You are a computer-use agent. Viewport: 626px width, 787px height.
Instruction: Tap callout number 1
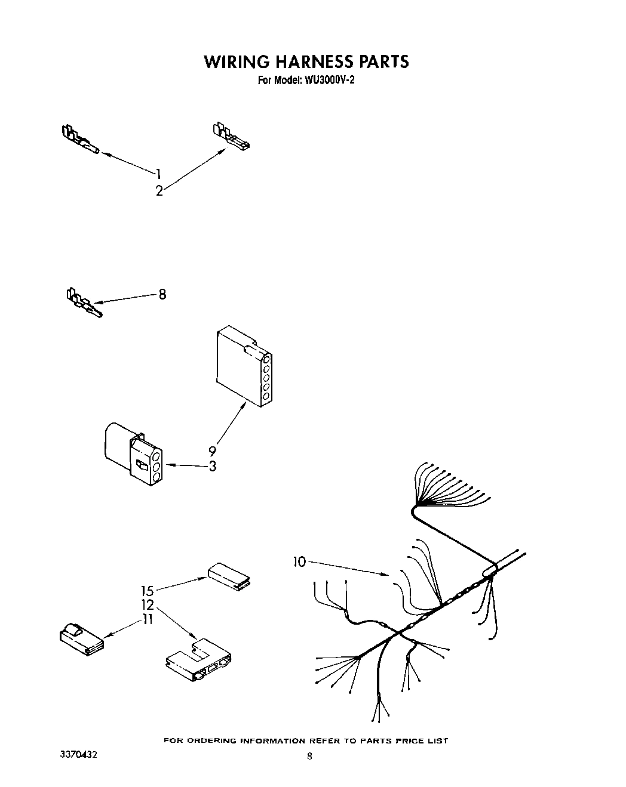(159, 174)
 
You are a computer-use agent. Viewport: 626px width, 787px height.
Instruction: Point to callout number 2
(159, 192)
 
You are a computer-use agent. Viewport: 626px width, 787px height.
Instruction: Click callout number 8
(162, 294)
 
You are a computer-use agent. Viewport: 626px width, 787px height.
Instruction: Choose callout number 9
(212, 452)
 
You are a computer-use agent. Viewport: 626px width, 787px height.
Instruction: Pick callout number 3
(213, 466)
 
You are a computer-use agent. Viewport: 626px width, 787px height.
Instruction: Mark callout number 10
(299, 561)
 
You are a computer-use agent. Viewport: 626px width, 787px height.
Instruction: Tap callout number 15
(148, 591)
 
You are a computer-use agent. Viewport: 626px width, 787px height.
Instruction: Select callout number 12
(148, 605)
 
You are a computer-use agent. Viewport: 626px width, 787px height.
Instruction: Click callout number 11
(147, 619)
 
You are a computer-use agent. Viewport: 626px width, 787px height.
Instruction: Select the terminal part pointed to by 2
(231, 137)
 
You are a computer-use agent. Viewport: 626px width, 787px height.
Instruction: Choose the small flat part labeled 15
(229, 575)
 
